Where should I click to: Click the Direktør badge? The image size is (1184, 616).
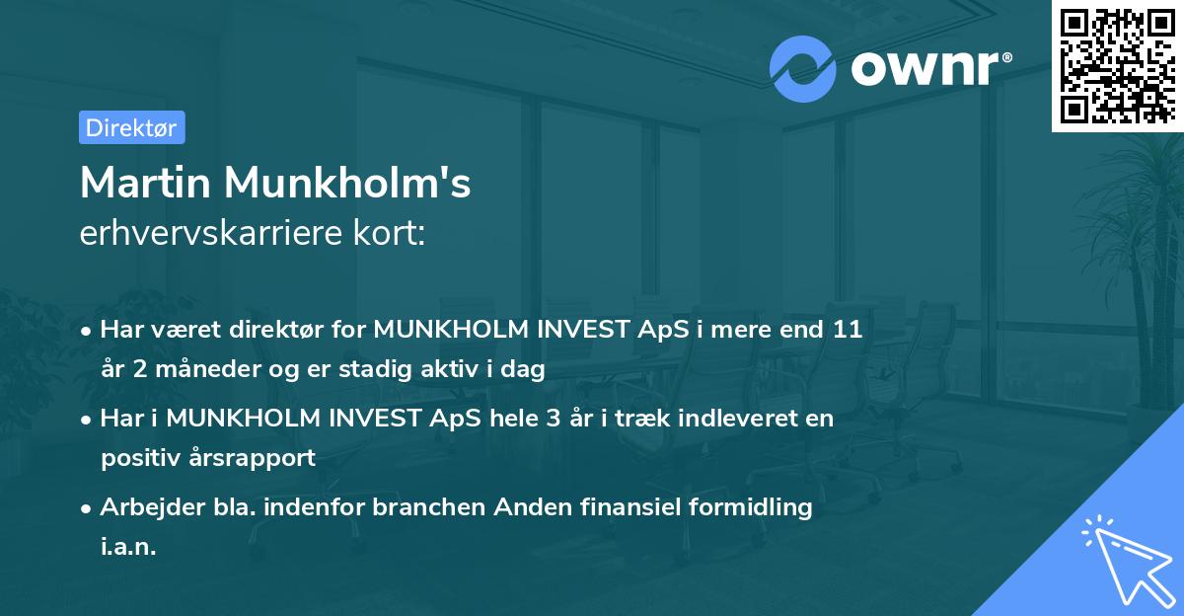click(x=131, y=127)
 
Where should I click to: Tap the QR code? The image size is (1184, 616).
click(x=1118, y=65)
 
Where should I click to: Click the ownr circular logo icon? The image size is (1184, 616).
click(x=803, y=68)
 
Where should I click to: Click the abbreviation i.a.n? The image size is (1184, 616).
click(x=128, y=546)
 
